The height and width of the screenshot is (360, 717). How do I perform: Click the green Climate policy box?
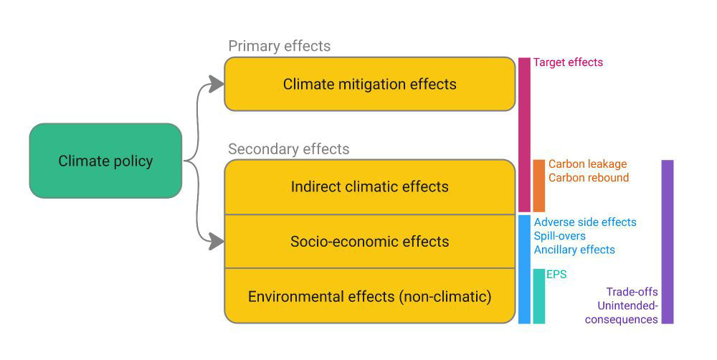[105, 161]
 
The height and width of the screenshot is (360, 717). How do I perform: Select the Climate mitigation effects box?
[369, 84]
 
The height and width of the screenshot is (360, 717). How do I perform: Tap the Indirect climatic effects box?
[369, 186]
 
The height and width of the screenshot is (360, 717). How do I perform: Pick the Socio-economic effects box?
[369, 242]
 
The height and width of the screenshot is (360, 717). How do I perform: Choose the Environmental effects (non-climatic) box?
[369, 296]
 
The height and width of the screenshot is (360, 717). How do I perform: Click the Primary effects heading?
[280, 46]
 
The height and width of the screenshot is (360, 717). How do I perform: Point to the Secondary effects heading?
[288, 149]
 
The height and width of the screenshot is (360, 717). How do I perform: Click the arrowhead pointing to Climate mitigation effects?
[216, 84]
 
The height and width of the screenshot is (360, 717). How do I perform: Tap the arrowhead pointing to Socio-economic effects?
[216, 242]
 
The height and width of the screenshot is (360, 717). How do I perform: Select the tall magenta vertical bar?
[524, 135]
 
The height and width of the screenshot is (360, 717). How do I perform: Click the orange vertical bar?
[539, 186]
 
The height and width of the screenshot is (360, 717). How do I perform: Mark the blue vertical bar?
[524, 270]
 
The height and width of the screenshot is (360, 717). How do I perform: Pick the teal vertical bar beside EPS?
[539, 296]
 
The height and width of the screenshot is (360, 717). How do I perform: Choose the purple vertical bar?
[668, 242]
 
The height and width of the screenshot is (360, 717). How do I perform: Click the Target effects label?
[568, 62]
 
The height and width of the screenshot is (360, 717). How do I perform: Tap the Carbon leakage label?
[588, 164]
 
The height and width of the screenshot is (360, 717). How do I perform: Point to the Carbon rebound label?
[589, 177]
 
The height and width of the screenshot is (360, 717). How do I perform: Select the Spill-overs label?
[560, 236]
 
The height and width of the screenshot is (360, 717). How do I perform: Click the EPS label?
[556, 275]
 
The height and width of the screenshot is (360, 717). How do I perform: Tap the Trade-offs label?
[632, 292]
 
